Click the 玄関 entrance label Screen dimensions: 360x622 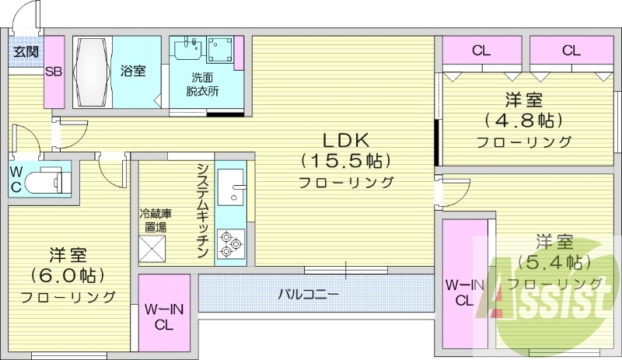(26, 53)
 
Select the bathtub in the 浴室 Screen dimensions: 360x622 (93, 72)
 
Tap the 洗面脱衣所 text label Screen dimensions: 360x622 (202, 84)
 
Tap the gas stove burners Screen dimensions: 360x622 (231, 243)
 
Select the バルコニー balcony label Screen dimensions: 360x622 (308, 295)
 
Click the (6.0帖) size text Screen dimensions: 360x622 (68, 275)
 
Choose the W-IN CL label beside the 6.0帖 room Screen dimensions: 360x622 (164, 316)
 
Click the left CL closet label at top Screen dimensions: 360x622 (480, 51)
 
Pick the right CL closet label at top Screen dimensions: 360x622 (571, 51)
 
